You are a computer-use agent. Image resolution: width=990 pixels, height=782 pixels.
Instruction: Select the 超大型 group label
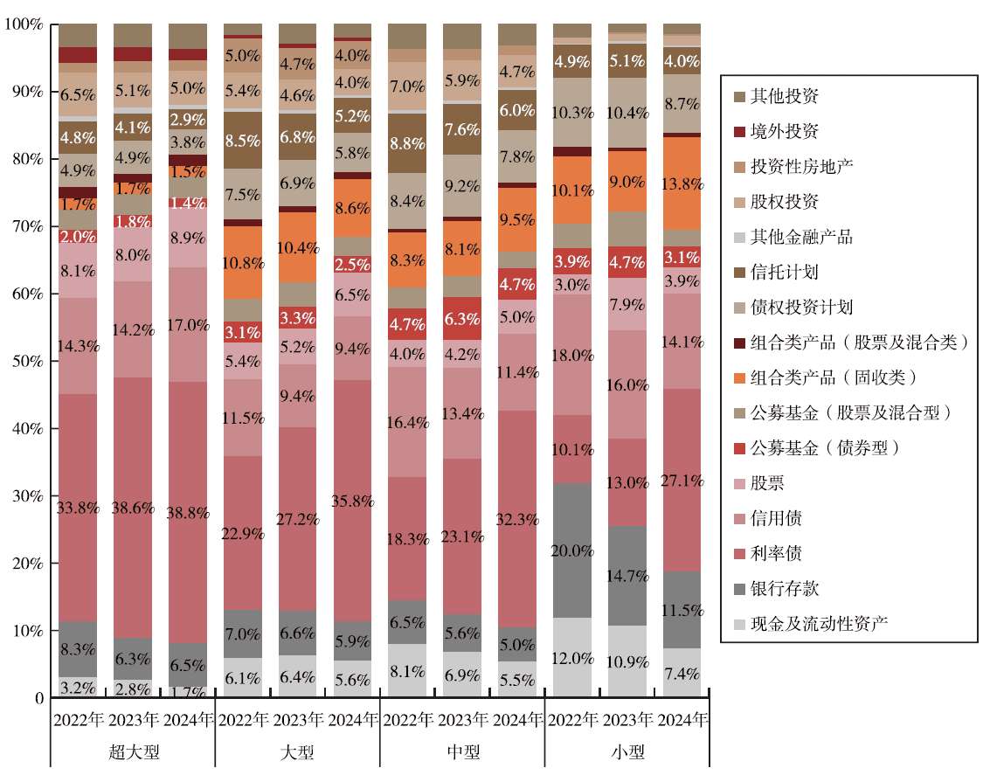(133, 751)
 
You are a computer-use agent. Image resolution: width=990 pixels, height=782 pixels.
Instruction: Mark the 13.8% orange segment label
(682, 183)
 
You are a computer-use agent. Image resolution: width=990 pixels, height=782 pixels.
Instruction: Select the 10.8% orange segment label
(242, 262)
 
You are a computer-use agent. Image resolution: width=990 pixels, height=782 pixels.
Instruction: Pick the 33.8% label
(77, 507)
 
